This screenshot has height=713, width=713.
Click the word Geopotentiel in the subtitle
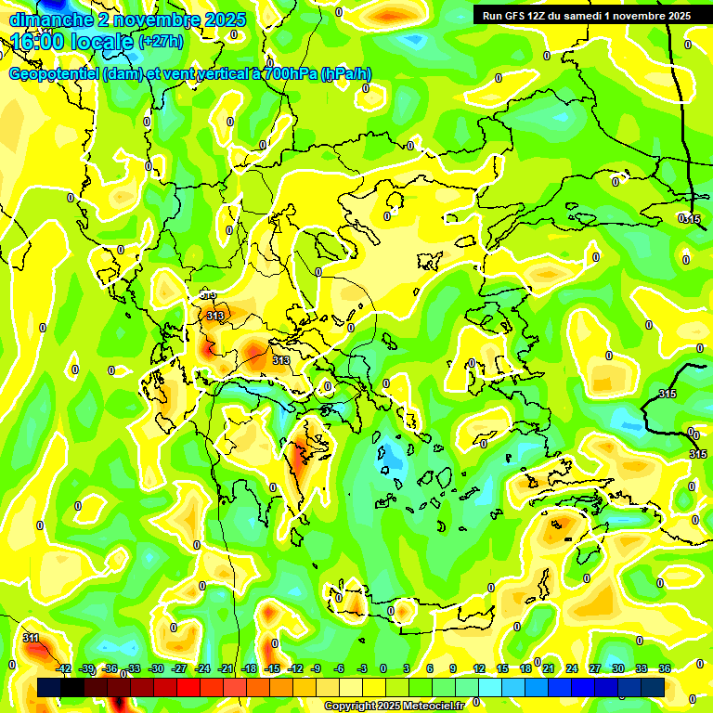[x=54, y=74]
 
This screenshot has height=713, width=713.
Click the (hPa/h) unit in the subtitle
[x=346, y=74]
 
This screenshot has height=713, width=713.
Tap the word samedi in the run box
[x=596, y=16]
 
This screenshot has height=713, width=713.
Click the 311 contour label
[x=31, y=638]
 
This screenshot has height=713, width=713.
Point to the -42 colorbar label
[x=63, y=668]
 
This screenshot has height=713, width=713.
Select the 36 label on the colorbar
[x=664, y=668]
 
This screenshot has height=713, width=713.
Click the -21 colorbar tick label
[x=226, y=668]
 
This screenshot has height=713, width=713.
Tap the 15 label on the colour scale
[x=501, y=668]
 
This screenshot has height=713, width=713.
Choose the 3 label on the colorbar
[x=407, y=668]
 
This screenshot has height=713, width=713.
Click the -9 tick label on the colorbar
[x=316, y=668]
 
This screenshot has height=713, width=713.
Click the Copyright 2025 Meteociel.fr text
[x=394, y=706]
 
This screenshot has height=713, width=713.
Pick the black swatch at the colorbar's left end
[x=49, y=687]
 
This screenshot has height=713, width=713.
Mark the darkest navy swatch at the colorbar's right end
[x=653, y=687]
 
